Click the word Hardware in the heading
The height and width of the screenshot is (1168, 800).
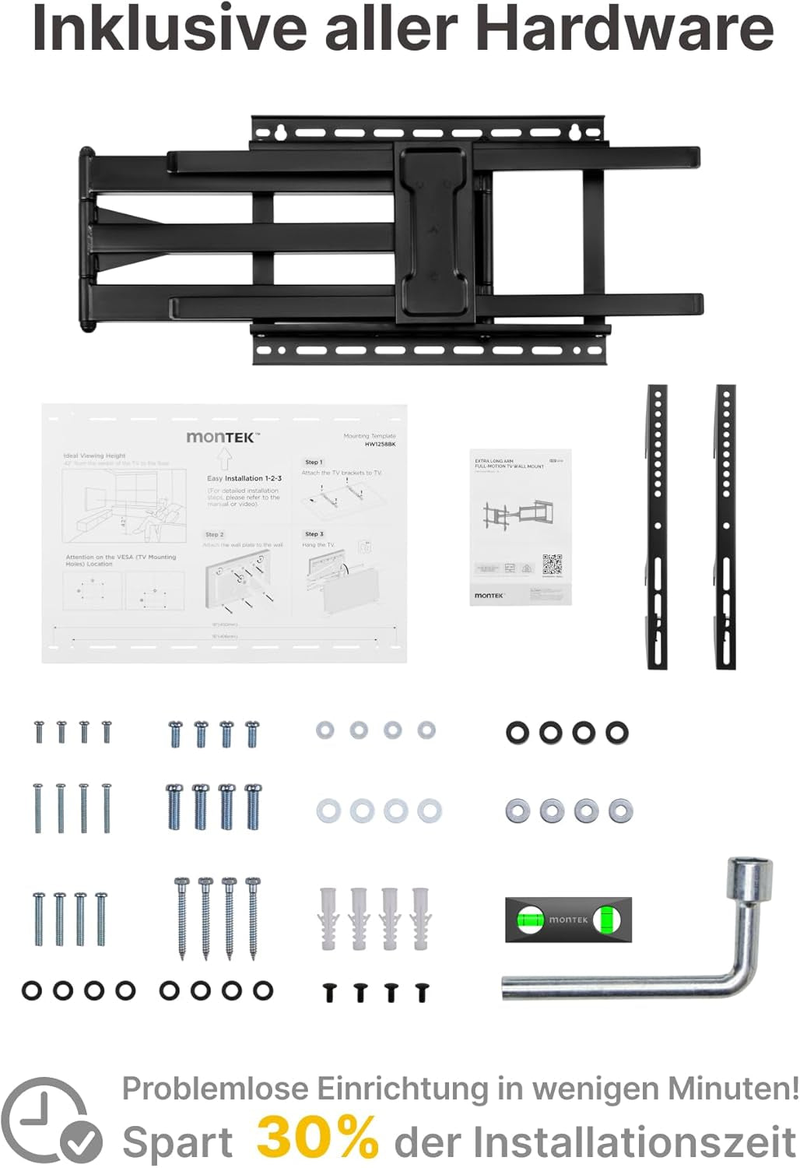click(624, 28)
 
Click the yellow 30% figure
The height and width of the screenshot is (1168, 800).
click(318, 1138)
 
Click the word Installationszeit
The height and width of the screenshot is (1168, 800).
click(633, 1142)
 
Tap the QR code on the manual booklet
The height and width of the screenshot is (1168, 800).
click(552, 564)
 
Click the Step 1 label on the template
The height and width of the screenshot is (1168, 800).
click(314, 463)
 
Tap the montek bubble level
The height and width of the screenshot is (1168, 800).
click(568, 920)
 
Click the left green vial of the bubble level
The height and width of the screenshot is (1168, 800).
click(529, 920)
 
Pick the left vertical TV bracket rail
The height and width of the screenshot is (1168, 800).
click(658, 526)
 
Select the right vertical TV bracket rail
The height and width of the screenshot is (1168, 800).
click(725, 526)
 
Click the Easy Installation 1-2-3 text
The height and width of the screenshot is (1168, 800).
click(244, 478)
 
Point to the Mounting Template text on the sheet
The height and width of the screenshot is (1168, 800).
click(370, 437)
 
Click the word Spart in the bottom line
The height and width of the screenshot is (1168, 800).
click(177, 1143)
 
